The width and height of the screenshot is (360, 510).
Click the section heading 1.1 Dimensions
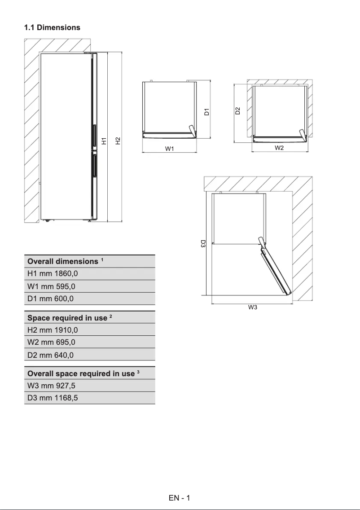(x=52, y=27)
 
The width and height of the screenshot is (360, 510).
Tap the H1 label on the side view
(x=104, y=141)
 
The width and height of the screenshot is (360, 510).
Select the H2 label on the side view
(x=118, y=141)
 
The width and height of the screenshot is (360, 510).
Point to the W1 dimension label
(x=169, y=149)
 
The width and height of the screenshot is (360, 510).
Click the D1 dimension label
(x=206, y=112)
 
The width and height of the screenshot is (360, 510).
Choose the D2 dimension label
(x=238, y=110)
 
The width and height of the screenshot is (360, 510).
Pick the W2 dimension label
(x=279, y=148)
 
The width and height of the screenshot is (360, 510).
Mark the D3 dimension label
(x=203, y=244)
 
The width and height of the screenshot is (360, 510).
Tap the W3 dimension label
(x=252, y=308)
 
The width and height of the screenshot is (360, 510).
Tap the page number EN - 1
(x=180, y=498)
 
